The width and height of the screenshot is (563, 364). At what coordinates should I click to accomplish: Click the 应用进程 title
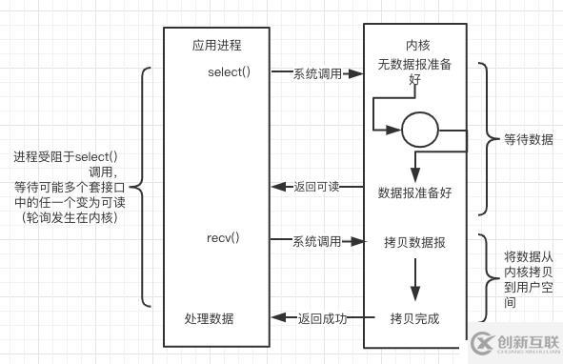pyautogui.click(x=215, y=44)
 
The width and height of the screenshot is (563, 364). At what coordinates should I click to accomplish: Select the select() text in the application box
pyautogui.click(x=229, y=72)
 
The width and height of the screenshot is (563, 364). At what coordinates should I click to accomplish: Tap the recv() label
pyautogui.click(x=222, y=236)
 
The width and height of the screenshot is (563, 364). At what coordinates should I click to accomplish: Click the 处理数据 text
pyautogui.click(x=209, y=317)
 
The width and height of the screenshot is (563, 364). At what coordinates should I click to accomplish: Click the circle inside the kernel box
pyautogui.click(x=419, y=131)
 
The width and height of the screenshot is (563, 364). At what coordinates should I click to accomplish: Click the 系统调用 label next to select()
pyautogui.click(x=316, y=73)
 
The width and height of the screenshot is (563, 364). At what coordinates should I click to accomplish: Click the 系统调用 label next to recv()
pyautogui.click(x=316, y=242)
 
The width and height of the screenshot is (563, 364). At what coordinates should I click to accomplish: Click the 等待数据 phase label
pyautogui.click(x=528, y=140)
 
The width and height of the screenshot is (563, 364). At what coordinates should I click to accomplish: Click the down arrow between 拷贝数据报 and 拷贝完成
pyautogui.click(x=414, y=280)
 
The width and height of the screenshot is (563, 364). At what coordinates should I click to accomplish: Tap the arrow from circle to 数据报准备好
pyautogui.click(x=414, y=164)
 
